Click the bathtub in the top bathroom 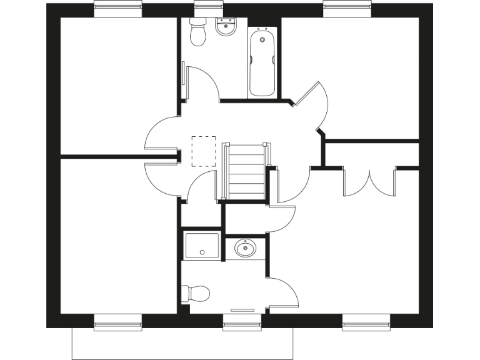262,62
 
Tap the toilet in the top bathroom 198,33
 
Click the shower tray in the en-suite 202,246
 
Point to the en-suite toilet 196,292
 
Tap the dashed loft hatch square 203,151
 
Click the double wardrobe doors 369,181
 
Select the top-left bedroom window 117,9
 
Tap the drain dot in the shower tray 202,252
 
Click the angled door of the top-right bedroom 312,106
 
